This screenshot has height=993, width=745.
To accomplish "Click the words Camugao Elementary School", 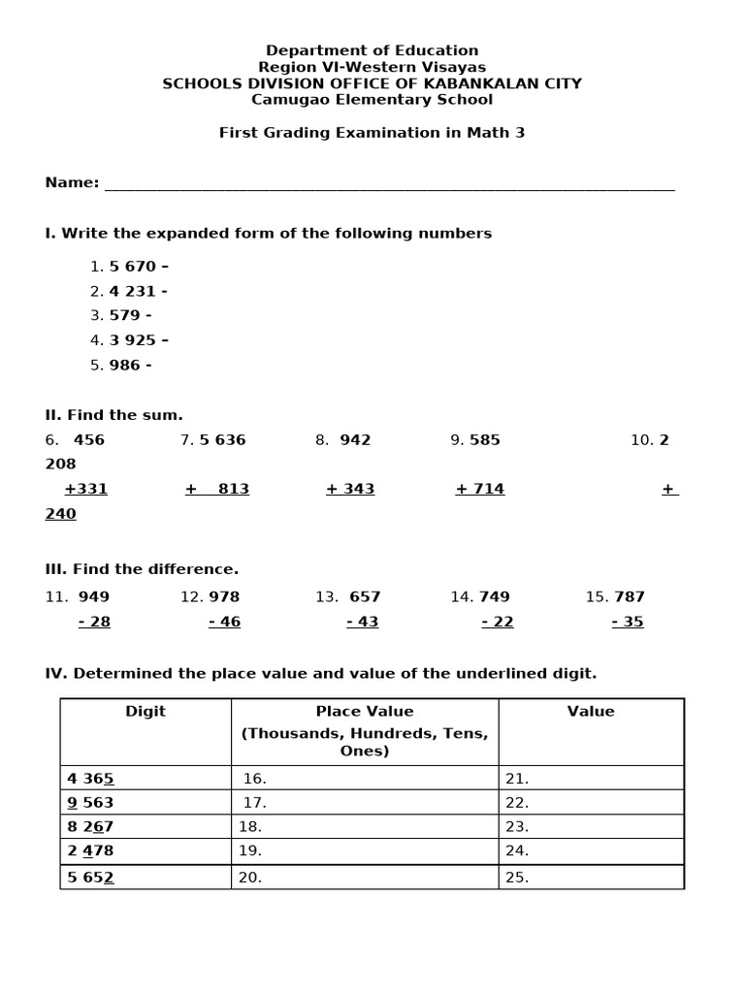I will (372, 100).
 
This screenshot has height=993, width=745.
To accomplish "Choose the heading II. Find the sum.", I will (113, 415).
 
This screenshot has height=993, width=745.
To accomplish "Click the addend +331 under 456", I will (85, 489).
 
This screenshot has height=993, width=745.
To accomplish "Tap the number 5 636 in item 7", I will (222, 440).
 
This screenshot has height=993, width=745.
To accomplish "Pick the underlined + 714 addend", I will (479, 489).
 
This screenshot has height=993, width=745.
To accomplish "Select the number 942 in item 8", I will (355, 440).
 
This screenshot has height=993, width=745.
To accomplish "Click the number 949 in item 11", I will (94, 597).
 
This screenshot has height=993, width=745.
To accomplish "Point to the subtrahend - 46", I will (224, 623).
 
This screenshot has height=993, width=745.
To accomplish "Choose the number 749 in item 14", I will (494, 597).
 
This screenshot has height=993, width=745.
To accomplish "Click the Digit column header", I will (146, 712).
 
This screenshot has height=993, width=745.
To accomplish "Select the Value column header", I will (591, 712).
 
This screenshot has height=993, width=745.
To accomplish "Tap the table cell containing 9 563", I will (146, 803).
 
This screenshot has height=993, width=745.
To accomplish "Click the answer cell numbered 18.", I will (365, 827).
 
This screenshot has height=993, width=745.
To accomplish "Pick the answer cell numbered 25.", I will (591, 878).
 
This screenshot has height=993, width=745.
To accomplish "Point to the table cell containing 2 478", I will (146, 851).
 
